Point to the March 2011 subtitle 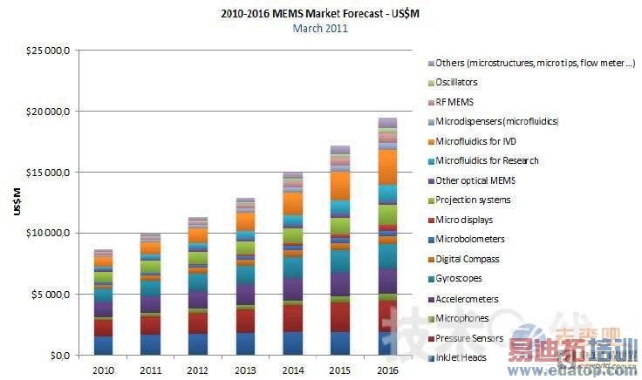[x=320, y=28]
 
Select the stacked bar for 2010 [x=104, y=302]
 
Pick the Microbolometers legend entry [x=470, y=240]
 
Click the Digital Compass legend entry [x=468, y=259]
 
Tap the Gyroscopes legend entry [x=460, y=279]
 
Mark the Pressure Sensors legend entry [x=468, y=338]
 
